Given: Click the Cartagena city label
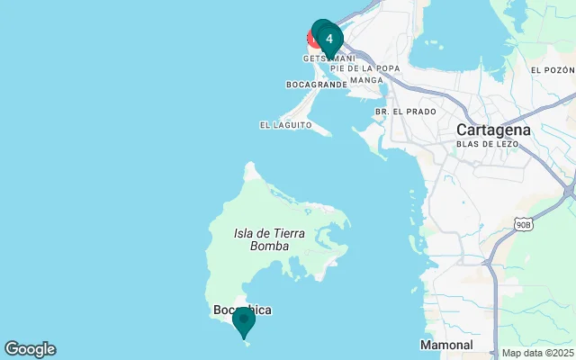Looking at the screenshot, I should point(493,129).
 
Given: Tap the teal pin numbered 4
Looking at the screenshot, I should point(329,39).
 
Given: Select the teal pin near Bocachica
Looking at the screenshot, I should point(243,320).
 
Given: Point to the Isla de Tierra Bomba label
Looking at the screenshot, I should point(269,239).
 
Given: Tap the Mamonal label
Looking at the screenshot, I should point(446,345).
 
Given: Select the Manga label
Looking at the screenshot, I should point(366,80).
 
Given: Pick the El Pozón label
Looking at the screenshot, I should point(551,70).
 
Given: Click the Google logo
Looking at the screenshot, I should point(30,349).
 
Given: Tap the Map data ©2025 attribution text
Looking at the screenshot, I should point(536,353).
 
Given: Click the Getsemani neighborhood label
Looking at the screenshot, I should point(328,58).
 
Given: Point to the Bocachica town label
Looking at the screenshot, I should point(242,310).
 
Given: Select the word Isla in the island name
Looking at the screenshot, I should point(245,233).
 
